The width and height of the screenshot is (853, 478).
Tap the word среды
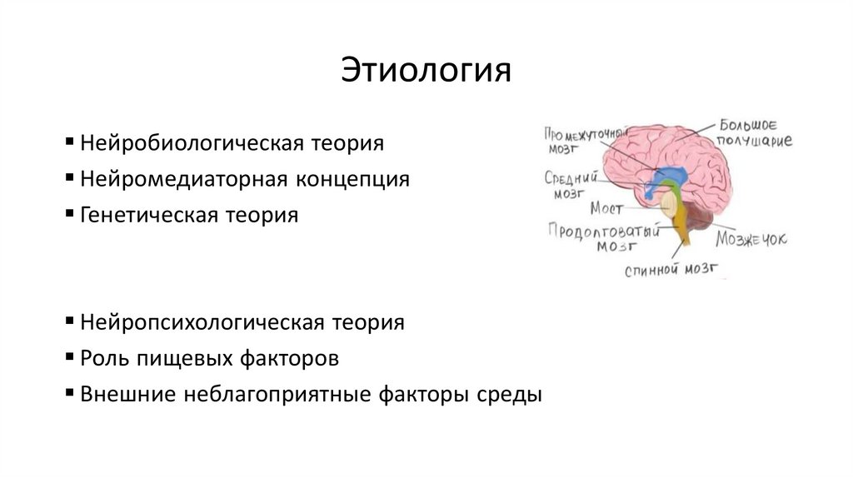tap(513, 395)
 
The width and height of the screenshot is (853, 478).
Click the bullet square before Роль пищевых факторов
tap(68, 356)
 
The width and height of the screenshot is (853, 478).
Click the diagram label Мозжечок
tap(751, 239)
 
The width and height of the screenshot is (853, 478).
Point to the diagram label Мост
tap(606, 207)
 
